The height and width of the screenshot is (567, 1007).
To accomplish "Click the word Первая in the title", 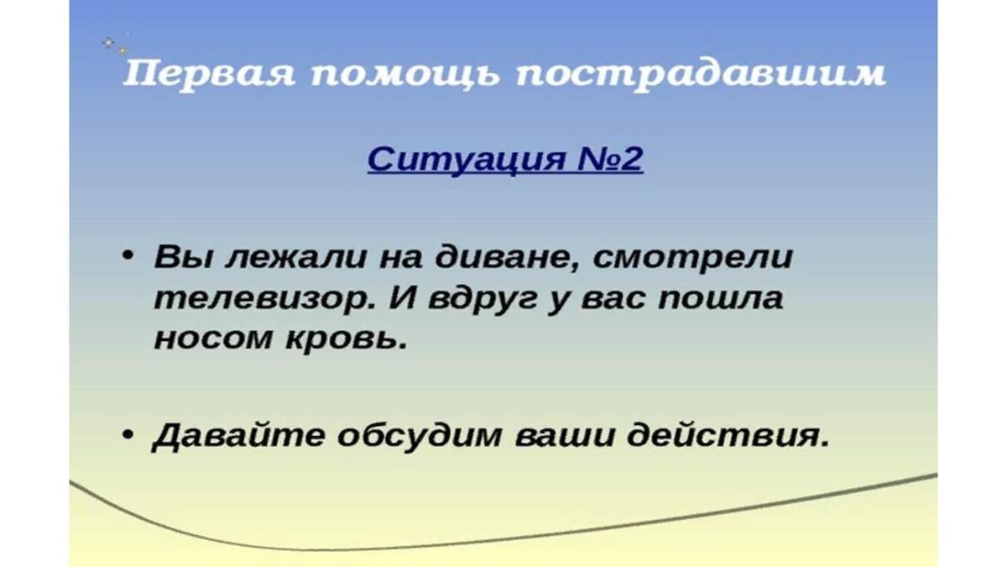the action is coord(209,75).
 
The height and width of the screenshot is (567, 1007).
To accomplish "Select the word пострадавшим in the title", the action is coord(701,75).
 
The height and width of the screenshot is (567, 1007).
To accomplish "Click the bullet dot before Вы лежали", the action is coord(128,255).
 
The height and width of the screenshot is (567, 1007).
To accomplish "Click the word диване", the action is coord(506,258).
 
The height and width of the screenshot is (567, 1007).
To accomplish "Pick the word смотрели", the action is coord(693,258).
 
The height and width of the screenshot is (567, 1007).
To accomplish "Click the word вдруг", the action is coord(483,299).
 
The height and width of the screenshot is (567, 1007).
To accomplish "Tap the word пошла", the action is coord(720,298).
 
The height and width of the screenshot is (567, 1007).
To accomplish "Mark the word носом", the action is coord(212,339).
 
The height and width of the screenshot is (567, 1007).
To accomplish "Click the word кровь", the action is coord(347,339).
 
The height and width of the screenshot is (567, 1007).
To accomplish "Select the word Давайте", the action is coord(238,437).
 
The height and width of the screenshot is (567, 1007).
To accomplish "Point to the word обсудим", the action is coord(419,436).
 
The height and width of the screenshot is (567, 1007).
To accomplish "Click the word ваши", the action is coord(564,437).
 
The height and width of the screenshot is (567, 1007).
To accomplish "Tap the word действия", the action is coord(728,436).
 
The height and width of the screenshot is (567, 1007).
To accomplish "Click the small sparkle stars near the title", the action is coord(115,45).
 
